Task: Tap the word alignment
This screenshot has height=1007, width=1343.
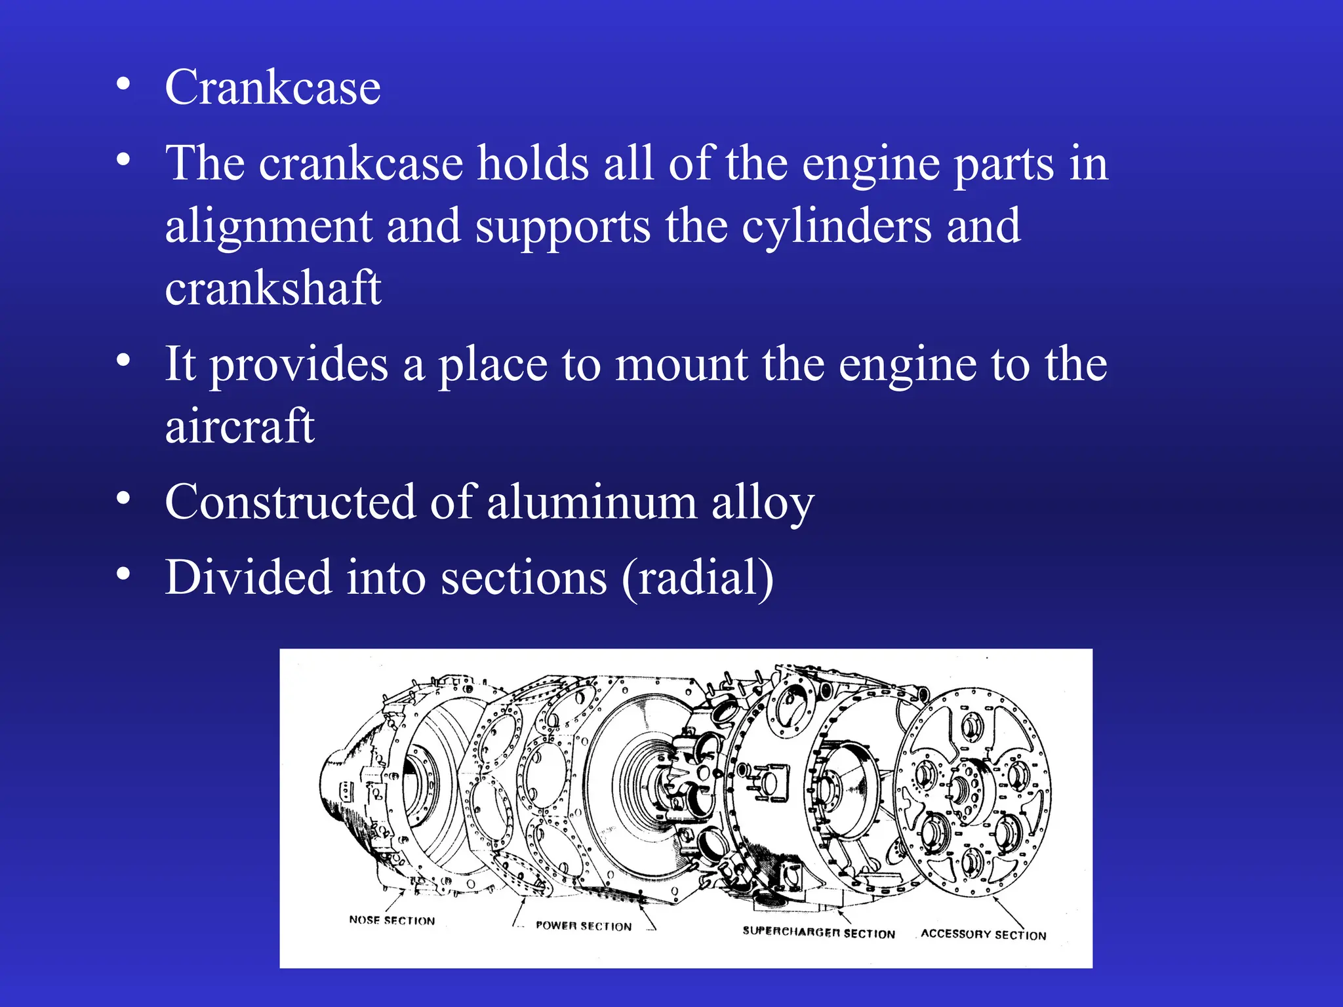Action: pyautogui.click(x=268, y=227)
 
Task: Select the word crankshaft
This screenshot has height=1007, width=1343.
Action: pyautogui.click(x=273, y=288)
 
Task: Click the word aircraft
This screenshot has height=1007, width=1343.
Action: pyautogui.click(x=240, y=426)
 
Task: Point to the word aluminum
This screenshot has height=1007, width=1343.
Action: pyautogui.click(x=591, y=503)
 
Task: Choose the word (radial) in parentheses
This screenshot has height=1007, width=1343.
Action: pyautogui.click(x=698, y=578)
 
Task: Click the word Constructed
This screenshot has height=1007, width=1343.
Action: pyautogui.click(x=291, y=503)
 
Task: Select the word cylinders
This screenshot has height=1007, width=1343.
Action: pyautogui.click(x=837, y=227)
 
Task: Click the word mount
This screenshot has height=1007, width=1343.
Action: pyautogui.click(x=681, y=365)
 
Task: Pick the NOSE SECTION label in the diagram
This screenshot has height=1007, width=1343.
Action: pyautogui.click(x=392, y=920)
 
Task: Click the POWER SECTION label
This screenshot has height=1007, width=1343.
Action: pyautogui.click(x=584, y=926)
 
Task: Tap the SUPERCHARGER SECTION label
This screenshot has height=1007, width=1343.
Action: pyautogui.click(x=818, y=932)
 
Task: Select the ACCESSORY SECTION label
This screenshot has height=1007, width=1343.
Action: pyautogui.click(x=983, y=934)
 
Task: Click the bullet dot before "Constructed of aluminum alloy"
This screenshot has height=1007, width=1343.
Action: pyautogui.click(x=123, y=500)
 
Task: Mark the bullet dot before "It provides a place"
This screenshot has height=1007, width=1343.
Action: pyautogui.click(x=123, y=361)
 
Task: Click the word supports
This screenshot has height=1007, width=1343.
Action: pyautogui.click(x=563, y=227)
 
